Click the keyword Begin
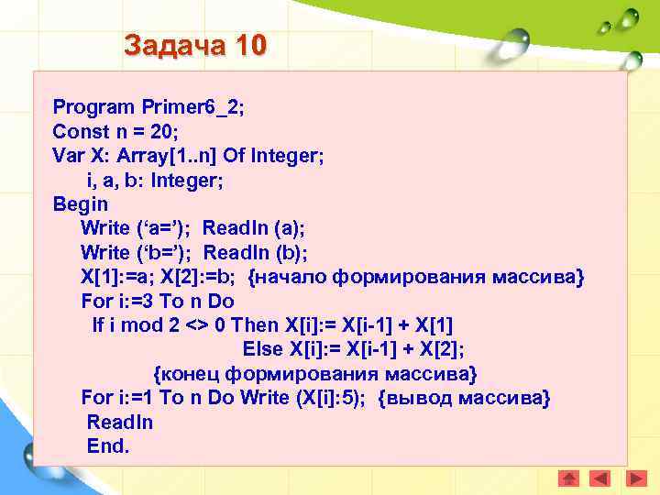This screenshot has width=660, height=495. [81, 204]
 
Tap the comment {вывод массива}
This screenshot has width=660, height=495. [465, 399]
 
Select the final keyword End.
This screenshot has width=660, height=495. [108, 446]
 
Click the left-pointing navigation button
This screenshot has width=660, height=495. [599, 478]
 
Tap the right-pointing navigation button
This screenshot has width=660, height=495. [631, 478]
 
